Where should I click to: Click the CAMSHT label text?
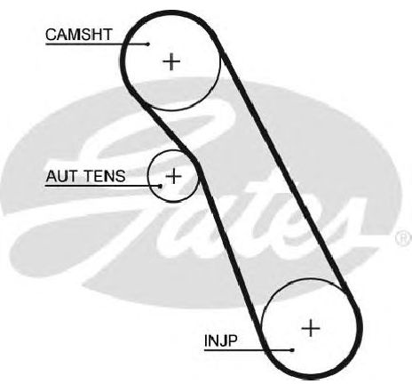[x=79, y=35]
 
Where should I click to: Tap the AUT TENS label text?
[x=85, y=176]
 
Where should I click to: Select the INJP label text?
[x=221, y=340]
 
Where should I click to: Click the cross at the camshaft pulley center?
[x=171, y=61]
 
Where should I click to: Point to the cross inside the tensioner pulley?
[x=174, y=176]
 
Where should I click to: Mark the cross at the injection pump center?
[x=311, y=328]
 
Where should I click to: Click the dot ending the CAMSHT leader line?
[x=148, y=44]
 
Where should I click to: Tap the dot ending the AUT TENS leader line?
[x=161, y=186]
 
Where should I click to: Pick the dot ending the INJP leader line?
[x=292, y=350]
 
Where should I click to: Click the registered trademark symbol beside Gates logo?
[x=403, y=238]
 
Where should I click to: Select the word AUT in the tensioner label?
[x=61, y=176]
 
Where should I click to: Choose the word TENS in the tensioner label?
[x=105, y=176]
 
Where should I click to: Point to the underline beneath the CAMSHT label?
[x=97, y=44]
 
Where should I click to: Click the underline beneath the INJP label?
[x=249, y=350]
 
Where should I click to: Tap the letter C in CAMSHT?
[x=51, y=35]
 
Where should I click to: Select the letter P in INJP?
[x=233, y=340]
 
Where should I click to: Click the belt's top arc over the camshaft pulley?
[x=171, y=12]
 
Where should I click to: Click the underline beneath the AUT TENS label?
[x=103, y=186]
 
